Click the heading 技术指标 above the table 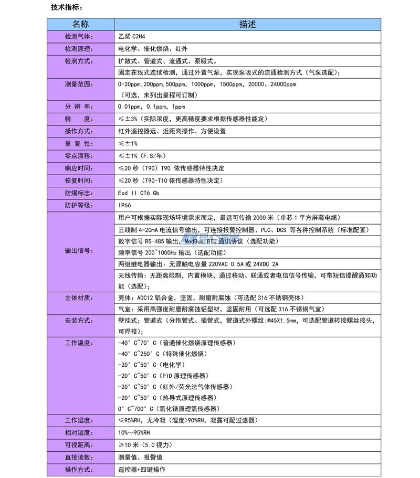tap(66, 8)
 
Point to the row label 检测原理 tap(78, 49)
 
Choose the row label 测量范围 tap(78, 84)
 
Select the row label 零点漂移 tap(78, 156)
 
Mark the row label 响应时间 tap(78, 168)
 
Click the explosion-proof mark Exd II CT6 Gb tap(139, 193)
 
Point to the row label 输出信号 tap(78, 251)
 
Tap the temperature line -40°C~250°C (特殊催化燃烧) tap(163, 354)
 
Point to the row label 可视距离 tap(78, 445)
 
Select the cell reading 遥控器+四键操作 tap(142, 470)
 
